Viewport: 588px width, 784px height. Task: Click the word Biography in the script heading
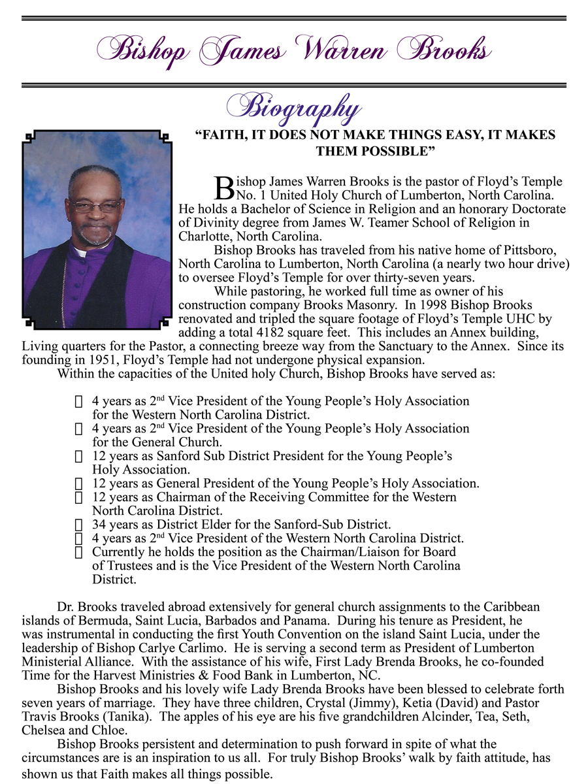click(x=293, y=108)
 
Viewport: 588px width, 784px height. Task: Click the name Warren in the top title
click(x=341, y=48)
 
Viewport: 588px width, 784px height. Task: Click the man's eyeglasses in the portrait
click(x=96, y=206)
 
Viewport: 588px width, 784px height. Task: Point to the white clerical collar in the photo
click(x=81, y=252)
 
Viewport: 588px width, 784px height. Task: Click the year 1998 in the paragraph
click(x=434, y=305)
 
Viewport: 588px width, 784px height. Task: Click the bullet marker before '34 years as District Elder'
click(x=79, y=525)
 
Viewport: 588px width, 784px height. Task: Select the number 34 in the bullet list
click(x=99, y=524)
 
